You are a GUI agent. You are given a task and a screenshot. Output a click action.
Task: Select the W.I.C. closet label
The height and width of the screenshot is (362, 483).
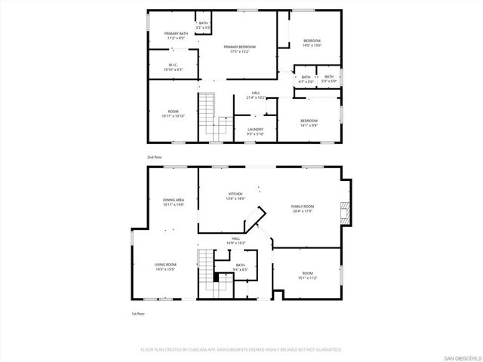pos(172,66)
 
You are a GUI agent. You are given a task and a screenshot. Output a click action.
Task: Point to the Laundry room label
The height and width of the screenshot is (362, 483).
pos(255,131)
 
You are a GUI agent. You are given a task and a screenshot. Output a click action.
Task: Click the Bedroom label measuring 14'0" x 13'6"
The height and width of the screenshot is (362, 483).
pos(312,43)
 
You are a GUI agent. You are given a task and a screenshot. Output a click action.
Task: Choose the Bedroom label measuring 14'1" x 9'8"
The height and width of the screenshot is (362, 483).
pos(309,123)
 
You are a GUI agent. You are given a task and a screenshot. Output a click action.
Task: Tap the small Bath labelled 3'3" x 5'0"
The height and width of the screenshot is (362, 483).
pos(203,26)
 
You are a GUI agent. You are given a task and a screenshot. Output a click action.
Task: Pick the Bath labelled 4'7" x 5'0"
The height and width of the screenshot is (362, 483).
pos(306,79)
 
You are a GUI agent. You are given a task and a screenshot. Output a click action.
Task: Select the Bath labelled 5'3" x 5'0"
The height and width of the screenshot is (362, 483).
pos(329,79)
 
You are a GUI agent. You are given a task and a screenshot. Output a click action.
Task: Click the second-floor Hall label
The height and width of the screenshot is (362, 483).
pos(256,95)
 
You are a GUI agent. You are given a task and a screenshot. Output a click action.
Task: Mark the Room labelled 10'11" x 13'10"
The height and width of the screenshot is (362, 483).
pos(173,114)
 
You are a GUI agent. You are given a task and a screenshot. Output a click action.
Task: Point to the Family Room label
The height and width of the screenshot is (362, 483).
pos(303,208)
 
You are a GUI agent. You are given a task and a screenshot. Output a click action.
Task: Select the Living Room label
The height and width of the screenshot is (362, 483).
pos(165,267)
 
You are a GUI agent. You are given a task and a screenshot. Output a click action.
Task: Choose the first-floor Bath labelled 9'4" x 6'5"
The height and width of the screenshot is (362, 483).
pos(240,267)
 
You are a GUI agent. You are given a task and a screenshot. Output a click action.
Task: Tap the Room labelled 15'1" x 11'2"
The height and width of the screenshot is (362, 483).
pos(307,275)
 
